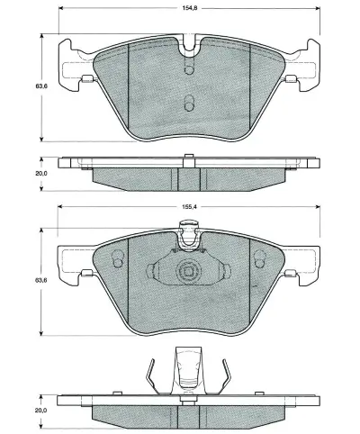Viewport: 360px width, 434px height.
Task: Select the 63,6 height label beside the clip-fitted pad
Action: click(x=40, y=280)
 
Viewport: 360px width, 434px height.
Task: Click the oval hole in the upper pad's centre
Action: click(x=188, y=103)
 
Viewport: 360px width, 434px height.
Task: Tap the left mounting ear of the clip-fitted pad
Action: click(x=70, y=261)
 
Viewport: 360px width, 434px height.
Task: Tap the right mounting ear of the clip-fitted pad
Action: click(x=304, y=261)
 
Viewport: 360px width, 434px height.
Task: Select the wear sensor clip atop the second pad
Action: click(x=188, y=239)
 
